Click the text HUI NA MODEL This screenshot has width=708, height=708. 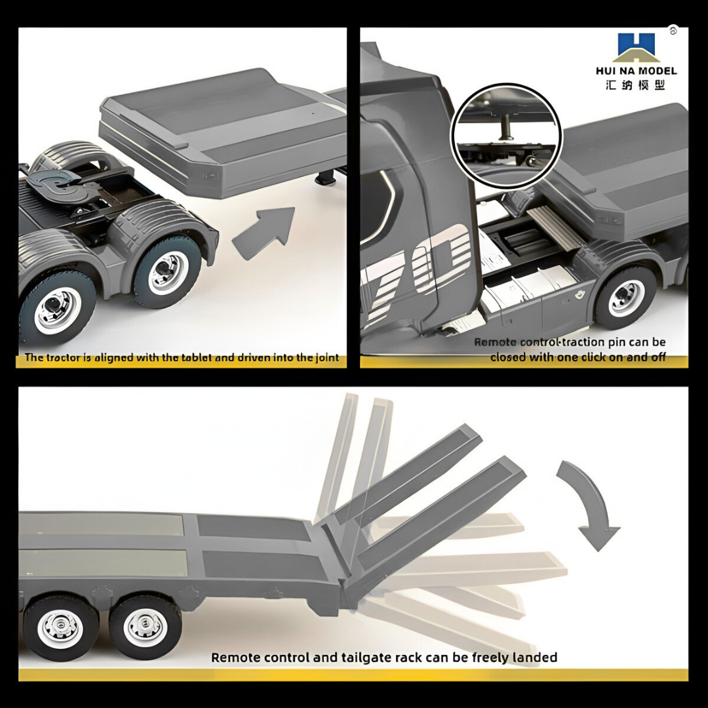click(x=636, y=71)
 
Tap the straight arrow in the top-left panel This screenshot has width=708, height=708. click(x=264, y=233)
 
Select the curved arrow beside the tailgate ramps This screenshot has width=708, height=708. click(x=589, y=503)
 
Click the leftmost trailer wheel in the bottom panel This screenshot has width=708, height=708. click(x=60, y=627)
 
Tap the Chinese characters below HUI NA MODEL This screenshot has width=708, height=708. click(x=636, y=85)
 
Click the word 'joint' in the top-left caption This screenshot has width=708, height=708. click(x=327, y=358)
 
